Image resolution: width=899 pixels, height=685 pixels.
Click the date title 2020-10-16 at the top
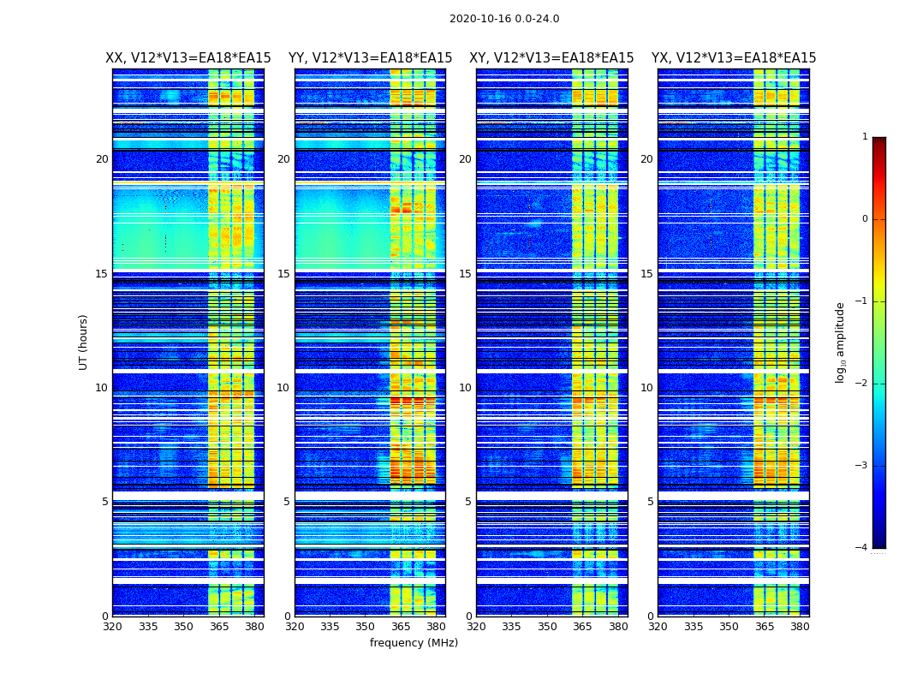coord(503,19)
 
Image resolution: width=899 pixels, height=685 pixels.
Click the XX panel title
coord(188,58)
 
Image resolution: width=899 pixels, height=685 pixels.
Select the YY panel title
coord(370,58)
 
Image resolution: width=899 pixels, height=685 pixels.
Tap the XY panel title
coord(551,58)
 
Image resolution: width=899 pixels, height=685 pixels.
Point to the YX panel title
coord(734,58)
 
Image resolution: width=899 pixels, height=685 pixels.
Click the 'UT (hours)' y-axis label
coord(84,342)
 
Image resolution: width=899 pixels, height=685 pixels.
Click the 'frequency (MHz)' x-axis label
coord(414,643)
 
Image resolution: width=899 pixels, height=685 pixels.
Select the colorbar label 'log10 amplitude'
coord(841,342)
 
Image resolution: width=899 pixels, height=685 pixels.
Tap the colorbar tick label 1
coord(865,137)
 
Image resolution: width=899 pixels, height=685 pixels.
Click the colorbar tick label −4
coord(862,548)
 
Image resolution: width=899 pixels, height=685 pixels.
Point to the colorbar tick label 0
coord(865,219)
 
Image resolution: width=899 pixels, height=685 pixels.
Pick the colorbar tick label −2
coord(862,384)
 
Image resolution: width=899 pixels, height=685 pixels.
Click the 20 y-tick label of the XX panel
coord(102,159)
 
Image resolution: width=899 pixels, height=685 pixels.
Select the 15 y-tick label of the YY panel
coord(283,274)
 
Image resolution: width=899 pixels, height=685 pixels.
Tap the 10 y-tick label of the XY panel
coord(465,388)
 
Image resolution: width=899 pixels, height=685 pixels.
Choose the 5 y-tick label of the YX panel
coord(650,502)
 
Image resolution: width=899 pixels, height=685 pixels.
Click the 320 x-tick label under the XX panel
coord(112,627)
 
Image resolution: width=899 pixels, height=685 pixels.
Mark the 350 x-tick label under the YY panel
coord(366,627)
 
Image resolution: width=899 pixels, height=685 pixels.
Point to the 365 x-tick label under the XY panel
coord(582,627)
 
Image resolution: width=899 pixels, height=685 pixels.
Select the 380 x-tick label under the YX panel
coord(800,627)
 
